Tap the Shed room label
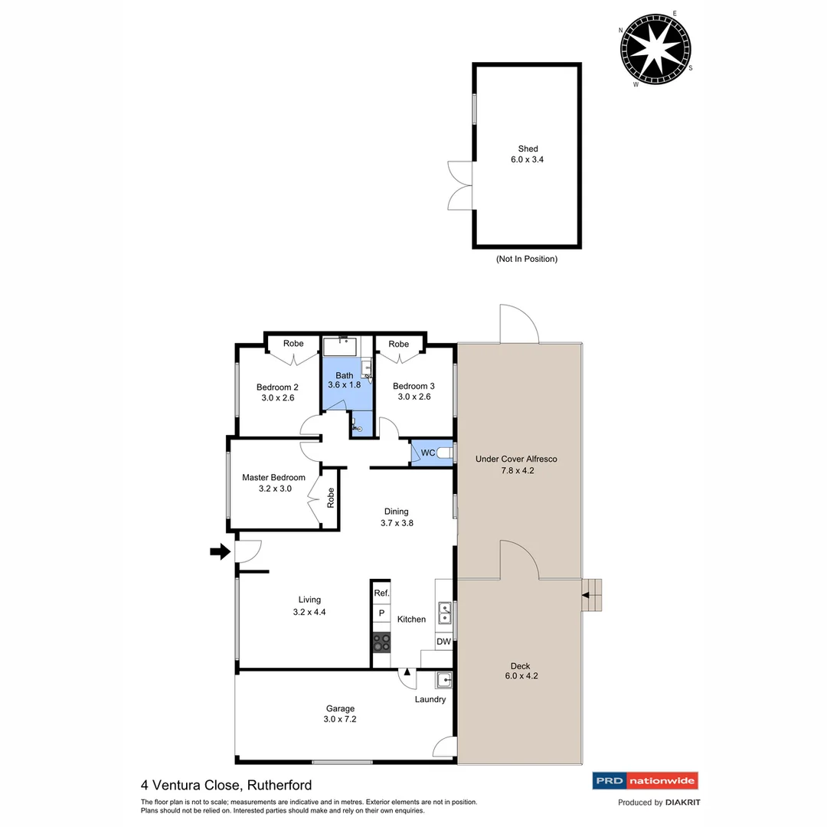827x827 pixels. click(x=528, y=149)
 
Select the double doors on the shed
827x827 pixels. click(x=460, y=185)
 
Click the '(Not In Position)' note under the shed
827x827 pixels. click(x=527, y=259)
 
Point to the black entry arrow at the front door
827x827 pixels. click(x=220, y=551)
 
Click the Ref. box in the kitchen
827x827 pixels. click(x=381, y=593)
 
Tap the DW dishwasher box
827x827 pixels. click(x=443, y=641)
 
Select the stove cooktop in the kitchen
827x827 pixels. click(x=381, y=642)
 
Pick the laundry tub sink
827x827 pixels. click(x=444, y=678)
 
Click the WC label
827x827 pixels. click(x=428, y=453)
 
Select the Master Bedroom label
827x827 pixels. click(x=273, y=477)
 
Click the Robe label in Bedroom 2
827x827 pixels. click(x=293, y=344)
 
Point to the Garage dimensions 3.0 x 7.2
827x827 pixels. click(x=340, y=720)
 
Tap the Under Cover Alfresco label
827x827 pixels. click(x=516, y=459)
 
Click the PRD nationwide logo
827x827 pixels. click(x=646, y=781)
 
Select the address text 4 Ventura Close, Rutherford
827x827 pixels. click(x=226, y=785)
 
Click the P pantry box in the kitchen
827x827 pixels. click(x=381, y=614)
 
